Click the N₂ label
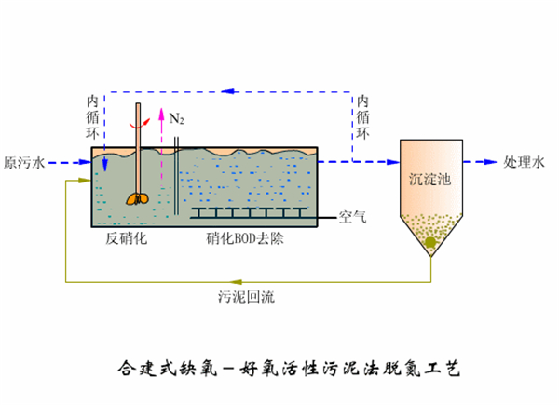point(176,119)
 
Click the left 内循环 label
point(91,115)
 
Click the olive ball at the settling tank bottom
point(430,244)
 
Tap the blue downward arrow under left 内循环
point(104,164)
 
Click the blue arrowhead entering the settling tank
point(390,161)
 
